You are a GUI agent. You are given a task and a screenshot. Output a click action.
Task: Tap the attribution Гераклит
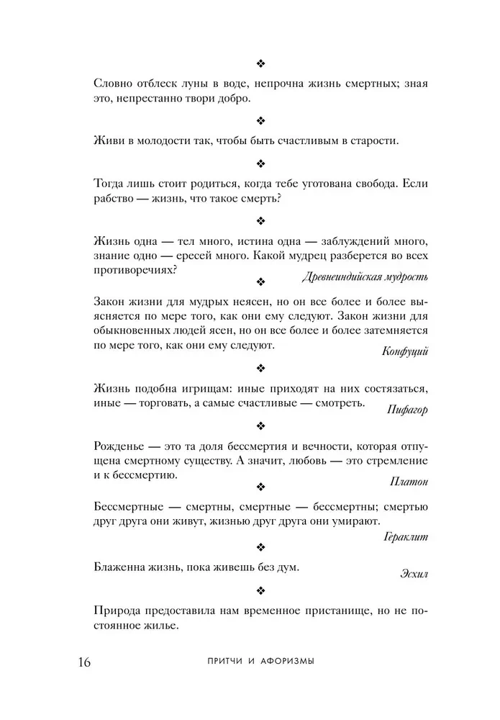point(408,536)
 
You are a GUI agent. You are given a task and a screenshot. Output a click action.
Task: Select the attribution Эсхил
point(414,573)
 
